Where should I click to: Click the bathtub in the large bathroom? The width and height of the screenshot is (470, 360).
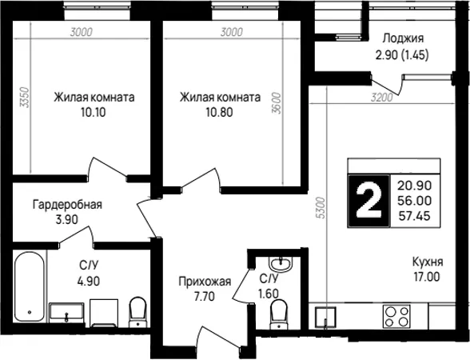click(x=30, y=286)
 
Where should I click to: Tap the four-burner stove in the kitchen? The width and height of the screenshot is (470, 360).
click(x=396, y=316)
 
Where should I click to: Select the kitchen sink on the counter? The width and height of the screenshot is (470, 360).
click(x=325, y=318)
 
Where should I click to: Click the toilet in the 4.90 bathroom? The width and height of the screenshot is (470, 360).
click(x=137, y=312)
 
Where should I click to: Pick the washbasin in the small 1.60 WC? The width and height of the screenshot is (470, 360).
click(x=281, y=264)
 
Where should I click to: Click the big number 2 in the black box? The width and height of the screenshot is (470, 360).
click(x=368, y=200)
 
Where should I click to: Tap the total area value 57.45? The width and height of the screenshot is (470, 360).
click(x=414, y=216)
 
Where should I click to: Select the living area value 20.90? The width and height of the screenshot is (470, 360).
click(x=414, y=186)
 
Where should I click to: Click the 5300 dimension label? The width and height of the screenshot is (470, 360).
click(x=321, y=208)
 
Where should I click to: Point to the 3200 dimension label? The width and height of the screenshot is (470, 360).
click(x=381, y=98)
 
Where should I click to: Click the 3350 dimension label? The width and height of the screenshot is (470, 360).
click(x=24, y=98)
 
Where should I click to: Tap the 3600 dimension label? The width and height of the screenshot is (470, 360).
click(x=277, y=103)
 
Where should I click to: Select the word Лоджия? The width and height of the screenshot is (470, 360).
click(x=403, y=38)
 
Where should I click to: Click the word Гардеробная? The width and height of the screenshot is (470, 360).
click(x=67, y=205)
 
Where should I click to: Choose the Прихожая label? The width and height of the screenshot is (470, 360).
click(x=205, y=282)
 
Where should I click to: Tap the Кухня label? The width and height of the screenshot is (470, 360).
click(x=428, y=262)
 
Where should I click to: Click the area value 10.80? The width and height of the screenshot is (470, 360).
click(x=219, y=113)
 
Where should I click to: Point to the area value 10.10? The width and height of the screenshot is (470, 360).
click(x=94, y=113)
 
